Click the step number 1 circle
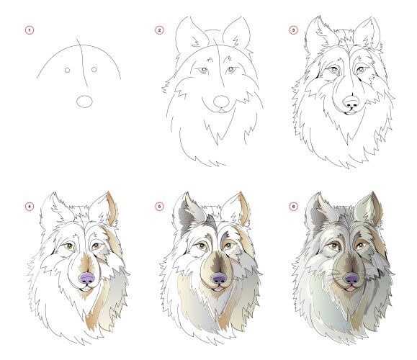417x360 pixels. point(30,30)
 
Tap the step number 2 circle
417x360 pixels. point(159,30)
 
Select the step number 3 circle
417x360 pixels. point(293,30)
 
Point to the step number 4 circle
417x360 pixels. point(30,207)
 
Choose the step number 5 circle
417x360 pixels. point(159,207)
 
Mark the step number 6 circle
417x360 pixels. point(293,207)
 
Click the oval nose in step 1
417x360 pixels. point(84,102)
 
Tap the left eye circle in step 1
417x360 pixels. point(67,70)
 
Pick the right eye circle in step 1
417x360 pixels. point(94,69)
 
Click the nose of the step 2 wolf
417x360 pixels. point(221,102)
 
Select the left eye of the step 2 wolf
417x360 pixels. point(203,70)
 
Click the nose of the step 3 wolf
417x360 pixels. point(351,102)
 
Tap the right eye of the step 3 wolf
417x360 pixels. point(361,70)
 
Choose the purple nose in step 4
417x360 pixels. point(87,278)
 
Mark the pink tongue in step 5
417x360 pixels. point(218,287)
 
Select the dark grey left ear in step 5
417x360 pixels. point(186,212)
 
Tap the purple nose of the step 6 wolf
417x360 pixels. point(352,278)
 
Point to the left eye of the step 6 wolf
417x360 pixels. point(333,246)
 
